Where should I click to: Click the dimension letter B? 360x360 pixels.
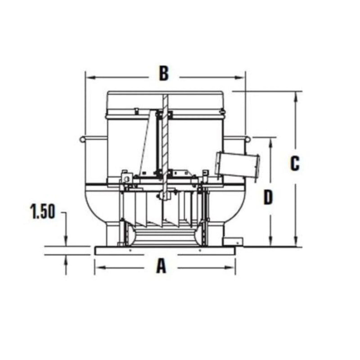pos(164,74)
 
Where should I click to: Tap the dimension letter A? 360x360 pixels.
pos(161,267)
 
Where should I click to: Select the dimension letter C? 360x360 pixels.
pos(295,164)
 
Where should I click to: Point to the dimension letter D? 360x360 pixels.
pos(269,197)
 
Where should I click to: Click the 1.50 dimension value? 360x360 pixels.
pos(42,211)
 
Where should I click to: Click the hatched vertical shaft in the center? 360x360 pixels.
pos(165,135)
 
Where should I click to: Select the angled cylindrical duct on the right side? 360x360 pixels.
pos(238,165)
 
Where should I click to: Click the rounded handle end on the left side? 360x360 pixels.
pos(82,139)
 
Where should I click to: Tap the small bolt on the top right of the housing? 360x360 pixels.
pos(222,111)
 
